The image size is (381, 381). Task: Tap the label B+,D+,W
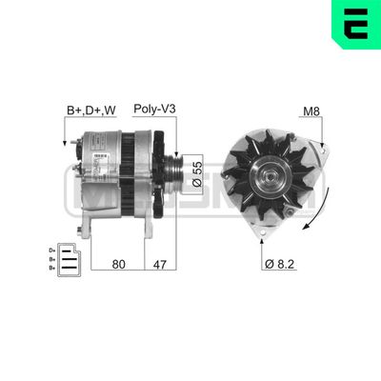[91, 110]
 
